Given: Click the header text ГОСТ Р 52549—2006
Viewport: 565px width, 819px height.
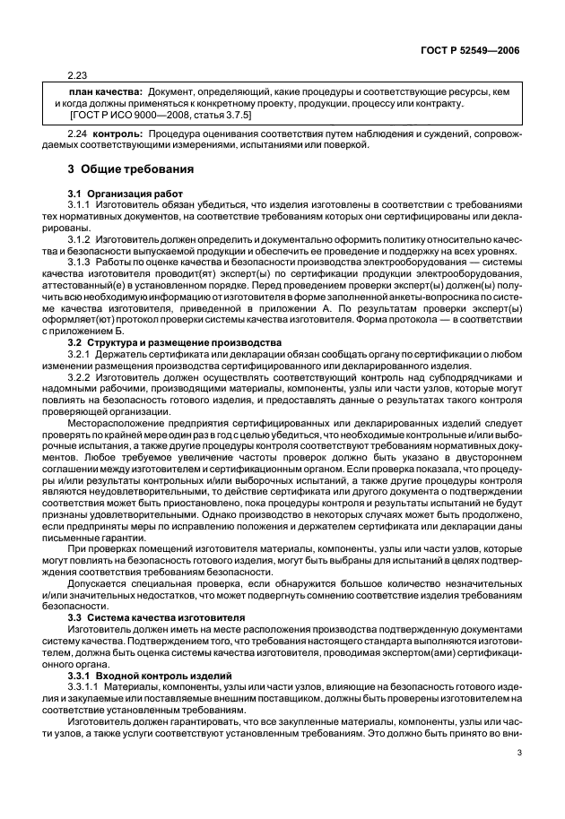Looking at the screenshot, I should [474, 51].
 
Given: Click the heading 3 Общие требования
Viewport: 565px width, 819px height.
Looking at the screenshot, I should [122, 169].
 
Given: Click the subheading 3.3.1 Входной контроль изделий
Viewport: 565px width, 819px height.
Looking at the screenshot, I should [140, 640].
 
